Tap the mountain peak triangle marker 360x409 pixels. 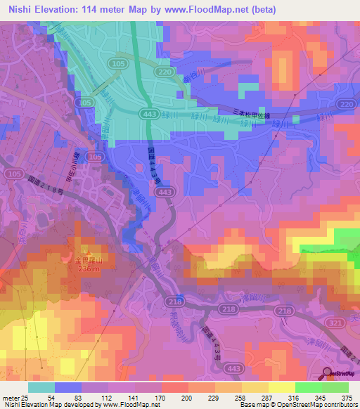pos(88,251)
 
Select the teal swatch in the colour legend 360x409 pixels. pos(41,387)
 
